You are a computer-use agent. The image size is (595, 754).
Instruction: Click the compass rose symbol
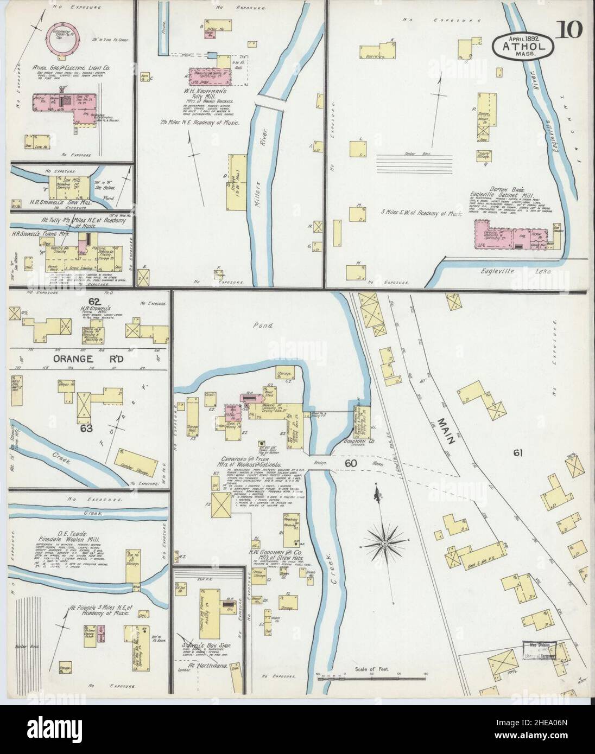point(385,542)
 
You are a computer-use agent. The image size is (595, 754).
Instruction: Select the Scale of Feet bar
point(371,676)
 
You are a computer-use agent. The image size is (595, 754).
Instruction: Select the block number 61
point(517,453)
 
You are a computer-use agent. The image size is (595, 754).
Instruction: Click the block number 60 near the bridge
point(349,463)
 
